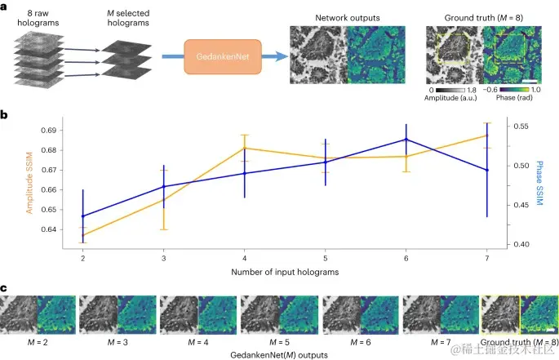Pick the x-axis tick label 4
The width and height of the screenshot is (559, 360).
pos(244,256)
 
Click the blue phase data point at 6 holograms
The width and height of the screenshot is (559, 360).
pos(406,140)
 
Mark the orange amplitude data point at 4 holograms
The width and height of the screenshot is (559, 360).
pos(244,148)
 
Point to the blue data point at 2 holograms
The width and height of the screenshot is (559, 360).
pos(82,216)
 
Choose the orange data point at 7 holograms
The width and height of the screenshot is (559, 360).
pos(487,136)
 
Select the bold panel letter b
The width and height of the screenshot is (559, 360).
pos(5,115)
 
